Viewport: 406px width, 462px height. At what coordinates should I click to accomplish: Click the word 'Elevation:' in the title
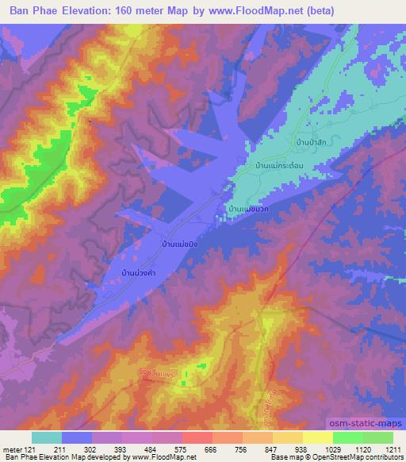pyautogui.click(x=90, y=11)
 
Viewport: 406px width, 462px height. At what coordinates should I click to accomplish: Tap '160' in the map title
pyautogui.click(x=132, y=11)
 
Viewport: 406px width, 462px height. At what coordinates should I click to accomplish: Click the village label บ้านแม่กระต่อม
pyautogui.click(x=280, y=164)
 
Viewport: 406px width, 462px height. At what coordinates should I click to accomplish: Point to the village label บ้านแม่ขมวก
pyautogui.click(x=250, y=208)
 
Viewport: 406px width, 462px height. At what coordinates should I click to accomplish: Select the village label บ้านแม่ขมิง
pyautogui.click(x=185, y=244)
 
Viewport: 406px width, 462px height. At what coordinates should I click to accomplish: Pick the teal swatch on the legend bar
pyautogui.click(x=47, y=437)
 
